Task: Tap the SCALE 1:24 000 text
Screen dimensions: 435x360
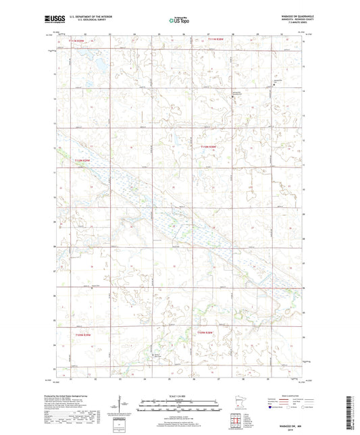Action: coord(179,395)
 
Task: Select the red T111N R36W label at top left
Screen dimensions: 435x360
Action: coord(79,41)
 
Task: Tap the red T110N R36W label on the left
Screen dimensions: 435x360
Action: coord(81,160)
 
